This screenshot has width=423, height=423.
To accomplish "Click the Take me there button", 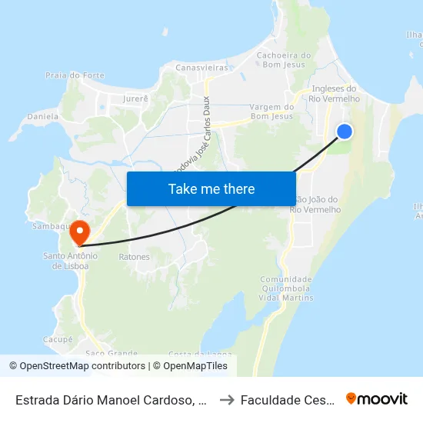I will pyautogui.click(x=211, y=188).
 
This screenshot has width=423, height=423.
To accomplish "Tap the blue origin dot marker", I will pyautogui.click(x=345, y=132).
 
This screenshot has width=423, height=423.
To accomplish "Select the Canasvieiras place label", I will pyautogui.click(x=203, y=68).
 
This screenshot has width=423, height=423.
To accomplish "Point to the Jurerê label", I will pyautogui.click(x=135, y=98).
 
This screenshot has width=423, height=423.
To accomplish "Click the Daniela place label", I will pyautogui.click(x=43, y=116).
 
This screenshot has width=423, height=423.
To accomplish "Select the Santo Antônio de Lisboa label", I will pyautogui.click(x=70, y=261).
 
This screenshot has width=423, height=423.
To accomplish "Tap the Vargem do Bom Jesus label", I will pyautogui.click(x=272, y=112).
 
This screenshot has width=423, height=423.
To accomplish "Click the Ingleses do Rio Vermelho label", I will pyautogui.click(x=333, y=93).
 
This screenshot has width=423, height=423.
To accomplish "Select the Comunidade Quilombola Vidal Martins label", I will pyautogui.click(x=287, y=288).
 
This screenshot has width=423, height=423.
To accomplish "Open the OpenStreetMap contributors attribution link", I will pyautogui.click(x=82, y=366).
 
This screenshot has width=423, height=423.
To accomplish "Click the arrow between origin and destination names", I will pyautogui.click(x=227, y=399).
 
